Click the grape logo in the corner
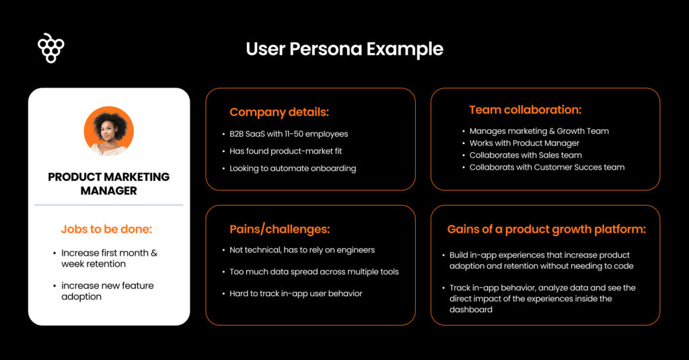click(x=51, y=48)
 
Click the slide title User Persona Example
click(x=344, y=49)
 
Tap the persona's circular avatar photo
click(x=109, y=131)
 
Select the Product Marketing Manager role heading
click(x=109, y=184)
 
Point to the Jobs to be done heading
click(x=107, y=229)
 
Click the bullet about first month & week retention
click(x=109, y=258)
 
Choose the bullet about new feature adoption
click(x=108, y=291)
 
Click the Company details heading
click(x=279, y=112)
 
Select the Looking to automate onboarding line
click(x=293, y=168)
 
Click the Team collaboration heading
click(x=525, y=110)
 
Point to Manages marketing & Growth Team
click(x=539, y=131)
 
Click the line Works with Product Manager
click(x=524, y=143)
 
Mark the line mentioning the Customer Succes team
click(x=547, y=167)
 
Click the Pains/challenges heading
click(x=280, y=229)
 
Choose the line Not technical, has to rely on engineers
click(x=302, y=250)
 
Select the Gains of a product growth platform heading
click(x=546, y=229)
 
